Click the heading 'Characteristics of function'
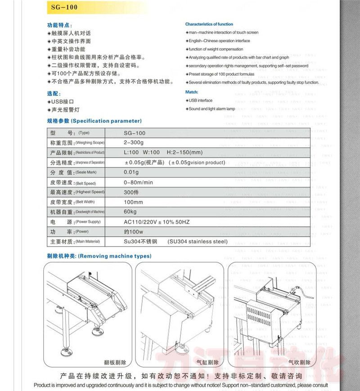point(209,24)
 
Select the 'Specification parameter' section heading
point(107,121)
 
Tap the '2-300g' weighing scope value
point(133,143)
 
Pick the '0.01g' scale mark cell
point(131,172)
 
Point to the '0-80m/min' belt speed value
point(139,182)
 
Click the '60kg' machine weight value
point(130,212)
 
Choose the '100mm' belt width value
point(133,202)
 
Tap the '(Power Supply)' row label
point(88,222)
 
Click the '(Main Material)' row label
point(87,242)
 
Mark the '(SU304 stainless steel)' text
point(198,242)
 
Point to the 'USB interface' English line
point(200,100)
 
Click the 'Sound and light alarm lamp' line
point(211,109)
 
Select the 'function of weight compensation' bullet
point(216,49)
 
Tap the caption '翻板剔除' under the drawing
point(115,362)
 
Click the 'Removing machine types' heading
point(115,256)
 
